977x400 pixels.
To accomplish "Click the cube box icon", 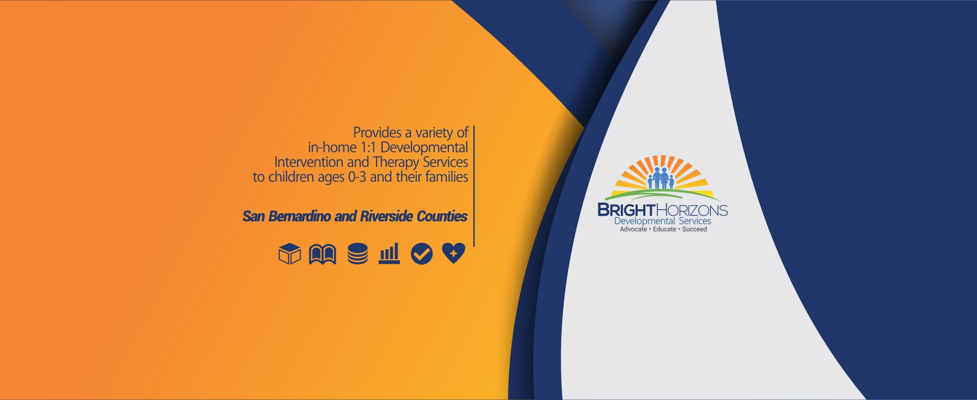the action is click(290, 253).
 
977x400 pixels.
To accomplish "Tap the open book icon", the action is click(323, 254).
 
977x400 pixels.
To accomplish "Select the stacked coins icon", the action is click(358, 254).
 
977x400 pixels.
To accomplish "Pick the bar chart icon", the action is click(389, 253).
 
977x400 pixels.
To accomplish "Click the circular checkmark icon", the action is click(422, 253).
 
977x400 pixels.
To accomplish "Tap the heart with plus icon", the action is click(453, 253).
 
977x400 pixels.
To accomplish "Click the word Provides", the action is click(378, 133).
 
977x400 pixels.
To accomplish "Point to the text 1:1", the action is click(368, 148).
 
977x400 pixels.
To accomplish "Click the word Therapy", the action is click(396, 163).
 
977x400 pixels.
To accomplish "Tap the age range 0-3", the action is click(357, 177).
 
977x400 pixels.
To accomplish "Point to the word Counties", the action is click(442, 216).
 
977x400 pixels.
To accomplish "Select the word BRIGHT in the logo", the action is click(626, 210).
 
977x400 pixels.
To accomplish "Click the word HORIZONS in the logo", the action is click(692, 210).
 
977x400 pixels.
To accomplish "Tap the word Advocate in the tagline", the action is click(634, 230).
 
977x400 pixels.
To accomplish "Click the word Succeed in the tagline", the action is click(695, 230).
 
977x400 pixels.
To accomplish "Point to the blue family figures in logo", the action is click(661, 178).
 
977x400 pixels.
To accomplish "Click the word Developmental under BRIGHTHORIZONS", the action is click(645, 221).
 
